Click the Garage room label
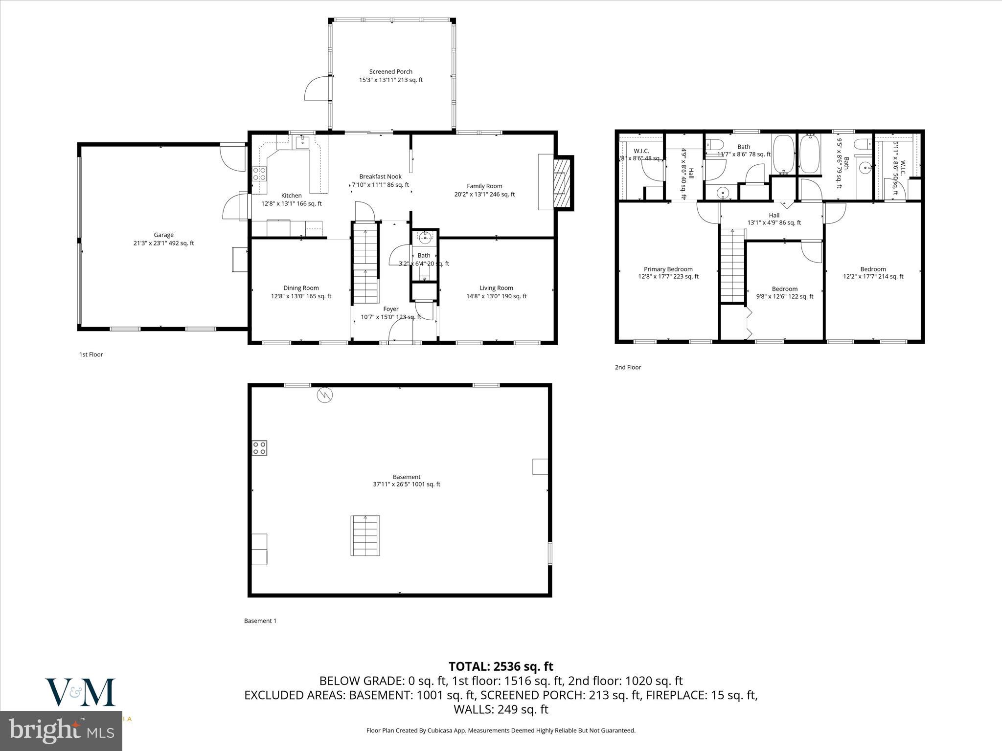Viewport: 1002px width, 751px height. (163, 239)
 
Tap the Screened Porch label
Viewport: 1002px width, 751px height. (390, 76)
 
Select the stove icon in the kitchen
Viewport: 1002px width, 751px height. (259, 174)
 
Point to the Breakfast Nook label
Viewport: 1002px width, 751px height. (380, 180)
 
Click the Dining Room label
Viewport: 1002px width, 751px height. (301, 292)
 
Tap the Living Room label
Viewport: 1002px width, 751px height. (496, 292)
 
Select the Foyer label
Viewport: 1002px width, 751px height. (390, 313)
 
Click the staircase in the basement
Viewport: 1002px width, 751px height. (365, 535)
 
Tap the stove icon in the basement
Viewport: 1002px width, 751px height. (259, 448)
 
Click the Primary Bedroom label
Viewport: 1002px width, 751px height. (668, 273)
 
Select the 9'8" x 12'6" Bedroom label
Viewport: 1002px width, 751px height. (784, 292)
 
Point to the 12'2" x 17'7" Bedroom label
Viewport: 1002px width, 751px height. (873, 273)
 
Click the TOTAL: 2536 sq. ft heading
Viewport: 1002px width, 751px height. (501, 666)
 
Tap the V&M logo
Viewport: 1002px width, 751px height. (81, 692)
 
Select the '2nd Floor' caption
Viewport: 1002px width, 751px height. (628, 367)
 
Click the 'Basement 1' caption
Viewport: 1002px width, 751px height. (260, 621)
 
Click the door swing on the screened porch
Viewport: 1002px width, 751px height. (317, 88)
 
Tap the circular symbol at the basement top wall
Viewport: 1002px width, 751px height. (324, 395)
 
